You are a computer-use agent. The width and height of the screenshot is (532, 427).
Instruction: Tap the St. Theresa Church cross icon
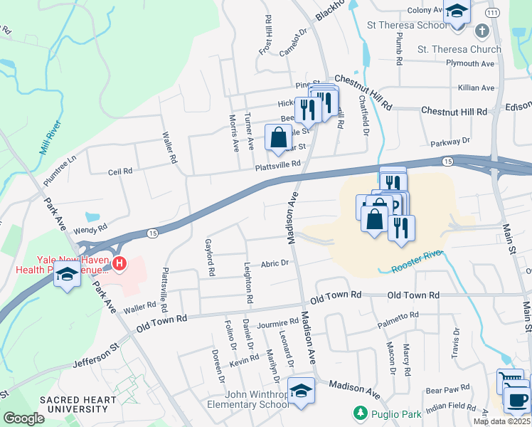pos(482,31)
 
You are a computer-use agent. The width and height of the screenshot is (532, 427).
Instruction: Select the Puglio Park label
pos(387,413)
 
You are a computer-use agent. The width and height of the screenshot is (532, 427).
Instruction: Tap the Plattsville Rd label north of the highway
pos(279,165)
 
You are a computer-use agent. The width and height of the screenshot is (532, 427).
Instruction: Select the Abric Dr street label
pos(275,263)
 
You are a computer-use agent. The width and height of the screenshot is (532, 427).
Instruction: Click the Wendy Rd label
pos(90,228)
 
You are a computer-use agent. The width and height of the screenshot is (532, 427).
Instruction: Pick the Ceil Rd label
pos(120,172)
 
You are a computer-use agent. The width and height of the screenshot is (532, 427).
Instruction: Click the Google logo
pos(23,418)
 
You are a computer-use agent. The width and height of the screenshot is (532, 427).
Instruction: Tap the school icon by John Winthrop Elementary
pos(302,391)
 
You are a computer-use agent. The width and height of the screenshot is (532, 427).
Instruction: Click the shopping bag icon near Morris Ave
pos(278,135)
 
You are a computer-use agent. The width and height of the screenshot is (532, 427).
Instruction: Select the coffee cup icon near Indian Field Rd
pos(517,398)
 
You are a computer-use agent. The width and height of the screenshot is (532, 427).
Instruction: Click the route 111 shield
pos(493,14)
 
